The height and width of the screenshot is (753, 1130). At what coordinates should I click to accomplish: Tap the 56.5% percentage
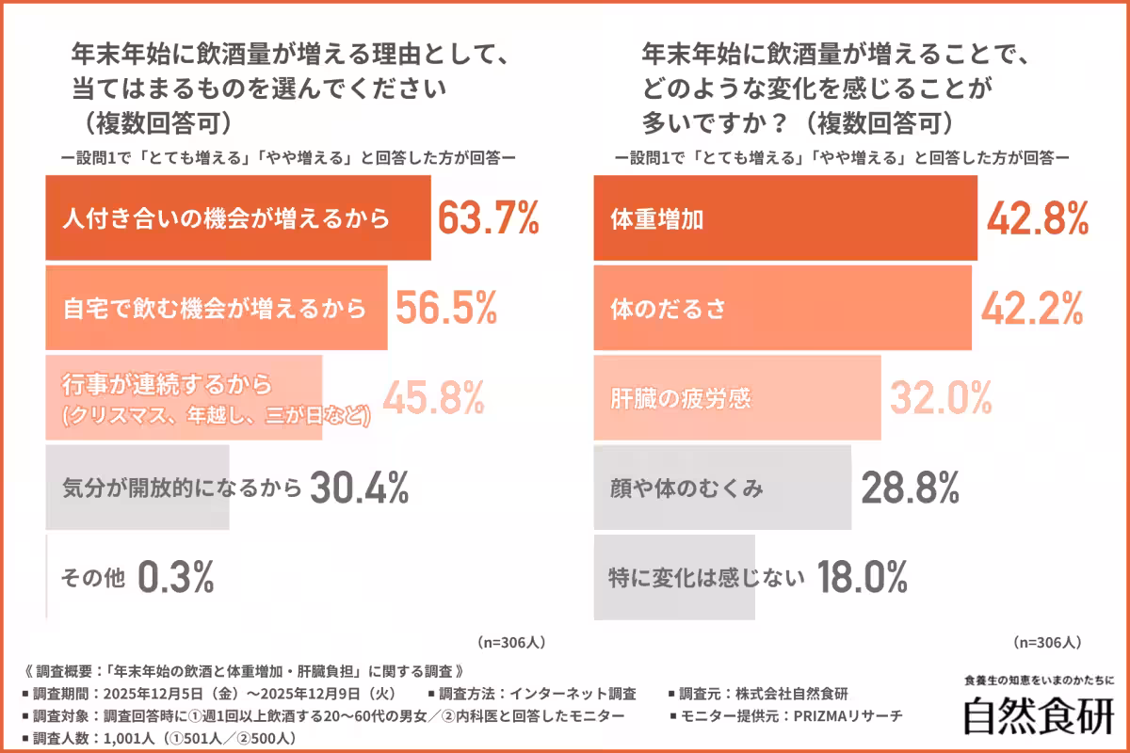click(445, 308)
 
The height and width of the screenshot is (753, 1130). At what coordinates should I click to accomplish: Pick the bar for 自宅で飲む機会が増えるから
click(216, 308)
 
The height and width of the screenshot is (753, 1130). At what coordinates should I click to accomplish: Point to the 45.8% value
click(433, 397)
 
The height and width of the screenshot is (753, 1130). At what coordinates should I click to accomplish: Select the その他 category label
click(93, 578)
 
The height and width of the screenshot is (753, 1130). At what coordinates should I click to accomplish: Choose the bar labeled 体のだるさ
click(782, 308)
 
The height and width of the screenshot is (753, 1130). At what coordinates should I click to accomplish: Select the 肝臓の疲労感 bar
click(736, 397)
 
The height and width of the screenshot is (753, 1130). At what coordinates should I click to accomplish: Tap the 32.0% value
click(941, 397)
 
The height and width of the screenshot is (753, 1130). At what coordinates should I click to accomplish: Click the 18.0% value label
click(861, 577)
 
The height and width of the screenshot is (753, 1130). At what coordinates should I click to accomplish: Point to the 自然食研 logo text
click(1039, 715)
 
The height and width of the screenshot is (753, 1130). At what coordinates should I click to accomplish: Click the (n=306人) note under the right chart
click(1046, 643)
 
